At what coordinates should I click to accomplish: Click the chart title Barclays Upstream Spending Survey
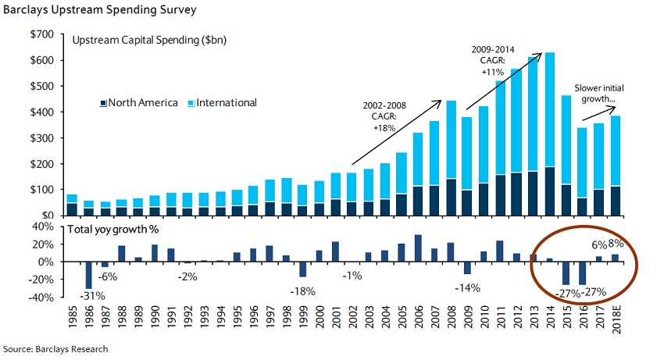pos(98,10)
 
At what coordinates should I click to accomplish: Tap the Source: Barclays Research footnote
pos(55,349)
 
